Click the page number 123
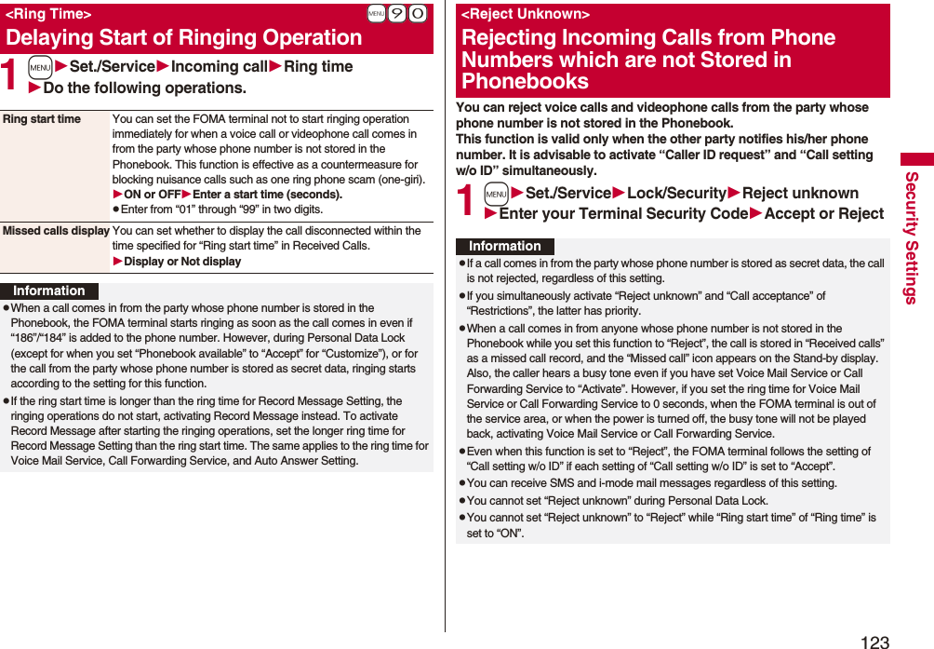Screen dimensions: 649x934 tap(874, 641)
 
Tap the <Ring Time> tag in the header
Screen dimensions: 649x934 tap(48, 14)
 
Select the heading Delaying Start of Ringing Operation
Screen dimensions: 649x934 tap(183, 38)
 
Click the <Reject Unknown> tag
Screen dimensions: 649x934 tap(526, 14)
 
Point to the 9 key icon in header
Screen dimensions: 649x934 tap(397, 14)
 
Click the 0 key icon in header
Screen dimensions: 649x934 tap(418, 14)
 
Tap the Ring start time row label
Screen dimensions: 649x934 tap(42, 119)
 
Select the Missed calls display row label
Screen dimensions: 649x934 tap(56, 231)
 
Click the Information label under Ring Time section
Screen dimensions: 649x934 tap(48, 291)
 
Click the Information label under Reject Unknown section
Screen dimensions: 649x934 tap(504, 246)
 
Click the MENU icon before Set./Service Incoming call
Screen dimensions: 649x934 tap(39, 67)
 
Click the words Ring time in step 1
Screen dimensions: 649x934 tap(318, 67)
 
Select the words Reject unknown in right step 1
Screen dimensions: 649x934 tap(800, 194)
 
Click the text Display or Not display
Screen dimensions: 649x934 tap(182, 262)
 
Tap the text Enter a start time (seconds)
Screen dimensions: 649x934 tap(267, 195)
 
